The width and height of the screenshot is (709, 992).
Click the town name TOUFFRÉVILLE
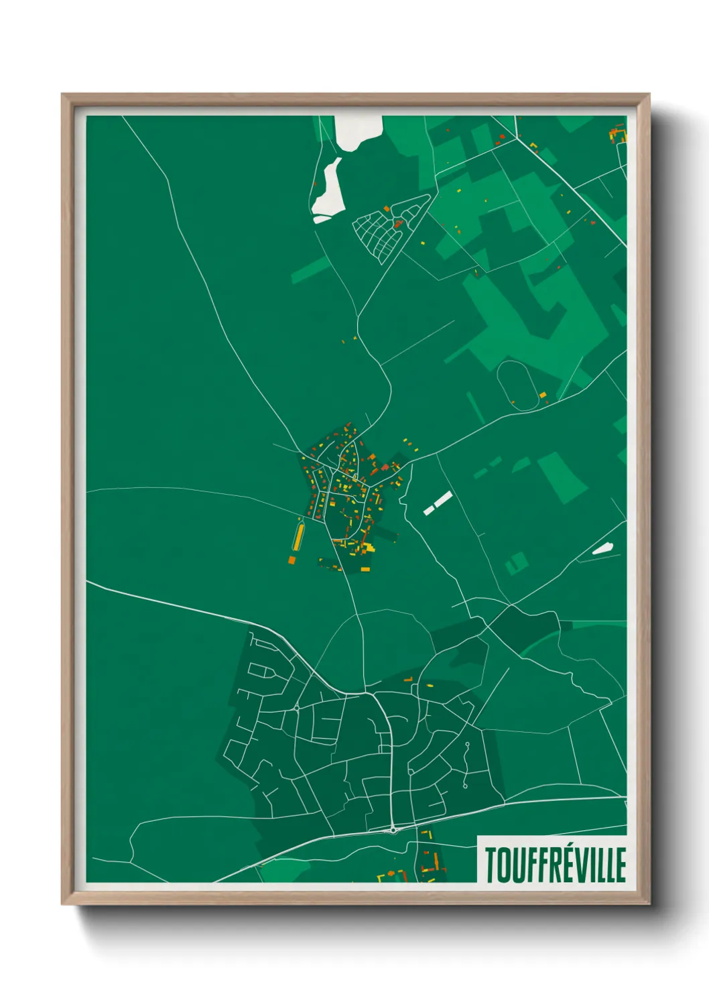(556, 864)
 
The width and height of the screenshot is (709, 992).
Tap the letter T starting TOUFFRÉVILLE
(491, 865)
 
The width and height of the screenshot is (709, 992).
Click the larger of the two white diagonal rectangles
(443, 499)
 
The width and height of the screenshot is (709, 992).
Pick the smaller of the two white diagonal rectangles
(429, 510)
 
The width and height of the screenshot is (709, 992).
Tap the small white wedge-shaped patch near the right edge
(602, 549)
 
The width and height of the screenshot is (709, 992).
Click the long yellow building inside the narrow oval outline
(298, 536)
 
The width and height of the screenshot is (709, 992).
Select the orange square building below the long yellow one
(292, 559)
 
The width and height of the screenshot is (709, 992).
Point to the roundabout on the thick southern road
(393, 830)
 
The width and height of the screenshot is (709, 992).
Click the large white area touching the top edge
(356, 131)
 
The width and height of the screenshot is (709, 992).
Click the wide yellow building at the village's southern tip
(365, 569)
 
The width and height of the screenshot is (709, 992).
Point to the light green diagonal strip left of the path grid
(310, 269)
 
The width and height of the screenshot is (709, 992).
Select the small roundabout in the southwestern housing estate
(296, 708)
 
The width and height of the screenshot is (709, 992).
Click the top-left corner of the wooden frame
(63, 95)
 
